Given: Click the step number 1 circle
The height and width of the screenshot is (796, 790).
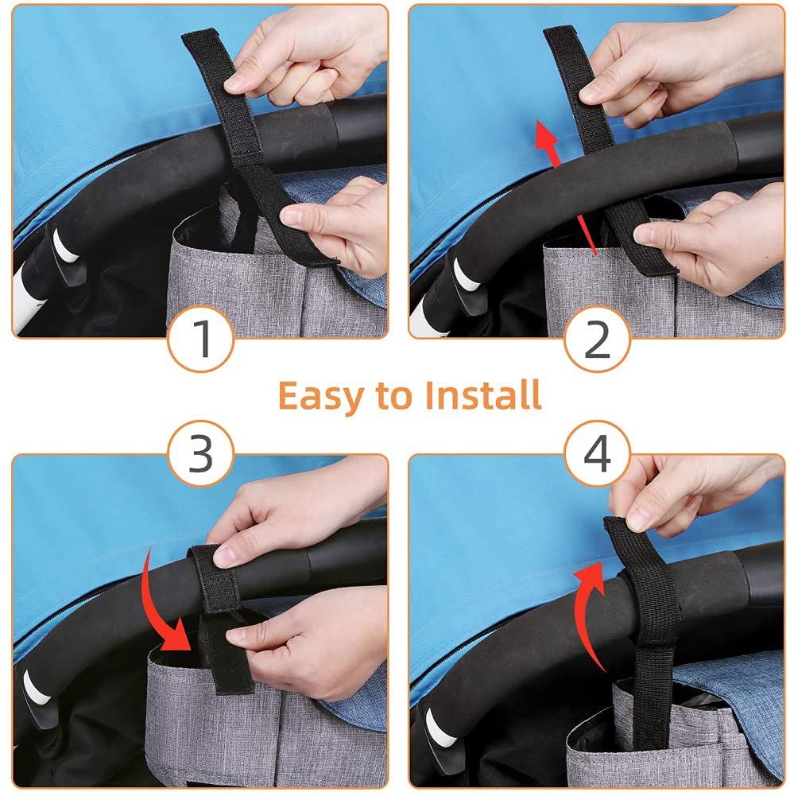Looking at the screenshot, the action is [201, 339].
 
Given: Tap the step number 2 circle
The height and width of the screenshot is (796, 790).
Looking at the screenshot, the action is [597, 339].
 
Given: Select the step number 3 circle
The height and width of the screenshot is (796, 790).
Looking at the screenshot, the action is [201, 452].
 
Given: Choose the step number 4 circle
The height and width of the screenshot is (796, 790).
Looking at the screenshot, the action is [597, 452].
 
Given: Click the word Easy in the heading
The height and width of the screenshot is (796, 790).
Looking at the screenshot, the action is [319, 397].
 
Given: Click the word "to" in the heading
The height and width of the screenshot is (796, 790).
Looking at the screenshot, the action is [393, 396].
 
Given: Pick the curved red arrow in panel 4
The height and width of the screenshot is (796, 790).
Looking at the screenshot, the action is [583, 614].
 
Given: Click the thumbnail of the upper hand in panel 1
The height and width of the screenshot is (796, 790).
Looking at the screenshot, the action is [234, 82].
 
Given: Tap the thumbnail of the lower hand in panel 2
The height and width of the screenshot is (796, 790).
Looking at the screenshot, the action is [646, 235].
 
